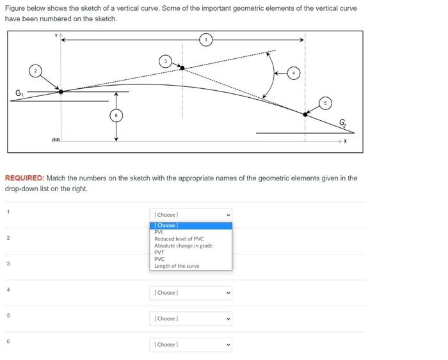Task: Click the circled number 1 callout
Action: [x=205, y=40]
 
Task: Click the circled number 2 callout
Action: [x=36, y=70]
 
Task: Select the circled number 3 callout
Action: [x=165, y=61]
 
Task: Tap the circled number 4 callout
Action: [x=294, y=72]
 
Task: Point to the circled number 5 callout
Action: [x=325, y=102]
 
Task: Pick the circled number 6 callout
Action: [x=116, y=116]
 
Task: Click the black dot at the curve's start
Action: [x=61, y=91]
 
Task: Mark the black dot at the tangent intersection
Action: [x=182, y=68]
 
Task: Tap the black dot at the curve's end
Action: [x=305, y=114]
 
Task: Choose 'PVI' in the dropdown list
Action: [x=159, y=232]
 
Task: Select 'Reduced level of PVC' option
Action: [x=179, y=239]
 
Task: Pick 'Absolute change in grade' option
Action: [x=183, y=246]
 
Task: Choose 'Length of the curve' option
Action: [x=177, y=266]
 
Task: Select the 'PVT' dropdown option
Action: [x=159, y=253]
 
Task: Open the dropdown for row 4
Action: [x=191, y=293]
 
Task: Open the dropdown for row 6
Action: [x=191, y=345]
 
